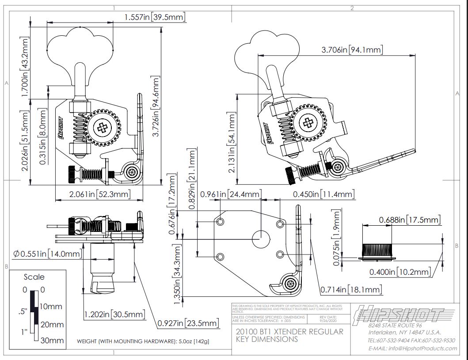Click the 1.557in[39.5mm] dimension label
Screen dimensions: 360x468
(155, 17)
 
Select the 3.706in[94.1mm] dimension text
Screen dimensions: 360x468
(352, 49)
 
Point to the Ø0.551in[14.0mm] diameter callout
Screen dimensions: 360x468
(47, 254)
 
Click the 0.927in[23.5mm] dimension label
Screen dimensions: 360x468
(188, 323)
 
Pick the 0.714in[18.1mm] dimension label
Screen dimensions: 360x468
(351, 290)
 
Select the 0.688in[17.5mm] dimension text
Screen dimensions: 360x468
(410, 220)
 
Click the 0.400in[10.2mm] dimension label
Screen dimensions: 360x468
(400, 272)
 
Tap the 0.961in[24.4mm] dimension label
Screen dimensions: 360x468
(230, 194)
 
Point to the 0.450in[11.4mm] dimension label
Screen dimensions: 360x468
(323, 194)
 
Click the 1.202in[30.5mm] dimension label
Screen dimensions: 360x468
(114, 314)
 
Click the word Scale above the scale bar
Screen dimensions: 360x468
(34, 277)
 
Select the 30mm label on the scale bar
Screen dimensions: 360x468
(52, 341)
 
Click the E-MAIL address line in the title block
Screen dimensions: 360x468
(412, 348)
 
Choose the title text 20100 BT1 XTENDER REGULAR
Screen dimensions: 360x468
(289, 332)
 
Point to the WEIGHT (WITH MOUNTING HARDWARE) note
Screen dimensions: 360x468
(143, 341)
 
